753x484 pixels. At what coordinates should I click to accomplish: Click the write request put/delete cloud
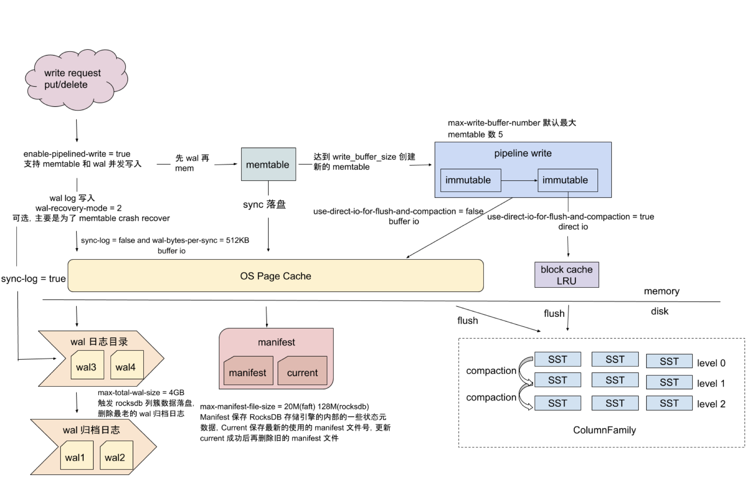(76, 79)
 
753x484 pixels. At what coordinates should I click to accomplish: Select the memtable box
(268, 164)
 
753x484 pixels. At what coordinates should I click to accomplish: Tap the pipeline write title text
(523, 153)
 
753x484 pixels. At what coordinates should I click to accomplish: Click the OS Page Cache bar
(276, 276)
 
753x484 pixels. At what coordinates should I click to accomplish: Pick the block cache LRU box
(566, 275)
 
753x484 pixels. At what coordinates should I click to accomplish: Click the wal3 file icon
(87, 365)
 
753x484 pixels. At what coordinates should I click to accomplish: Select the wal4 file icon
(127, 365)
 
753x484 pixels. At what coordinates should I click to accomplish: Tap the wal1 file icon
(76, 456)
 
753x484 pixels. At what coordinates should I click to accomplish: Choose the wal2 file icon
(116, 456)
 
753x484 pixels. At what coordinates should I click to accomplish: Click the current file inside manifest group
(302, 371)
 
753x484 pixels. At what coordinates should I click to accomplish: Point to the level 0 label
(711, 363)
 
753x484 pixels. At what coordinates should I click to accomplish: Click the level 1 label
(711, 383)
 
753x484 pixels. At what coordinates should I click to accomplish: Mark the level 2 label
(711, 404)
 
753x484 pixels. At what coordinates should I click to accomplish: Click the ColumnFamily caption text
(604, 430)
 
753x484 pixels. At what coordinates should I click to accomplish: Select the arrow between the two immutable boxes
(519, 180)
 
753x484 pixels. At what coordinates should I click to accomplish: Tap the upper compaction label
(491, 371)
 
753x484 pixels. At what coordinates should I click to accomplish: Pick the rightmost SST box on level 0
(669, 361)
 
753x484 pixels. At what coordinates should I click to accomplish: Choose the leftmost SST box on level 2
(558, 403)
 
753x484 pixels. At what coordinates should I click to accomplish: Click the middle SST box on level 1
(615, 380)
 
